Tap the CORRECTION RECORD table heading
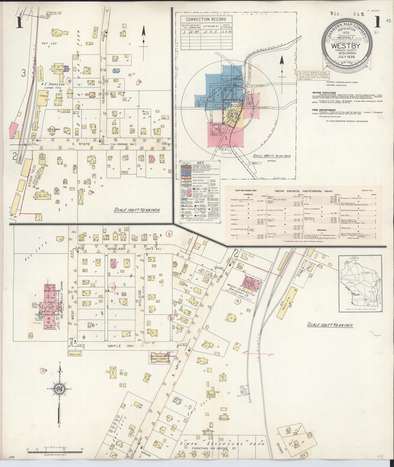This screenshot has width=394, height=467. coord(206,19)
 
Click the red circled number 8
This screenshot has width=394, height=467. coord(70,81)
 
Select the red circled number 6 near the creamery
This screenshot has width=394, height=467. coord(237,301)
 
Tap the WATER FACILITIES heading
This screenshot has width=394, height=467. coord(324,93)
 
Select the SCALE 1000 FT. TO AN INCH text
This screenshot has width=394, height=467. coord(272,156)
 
